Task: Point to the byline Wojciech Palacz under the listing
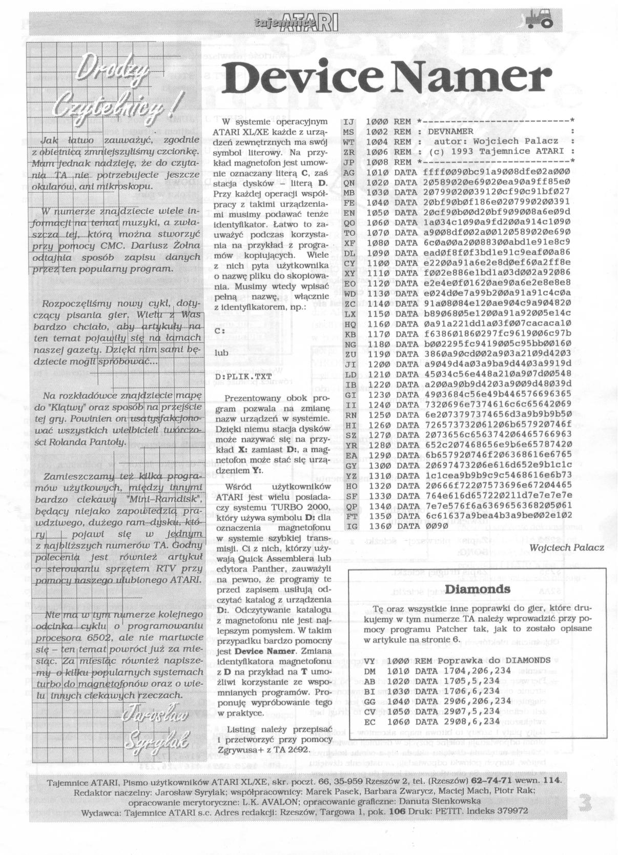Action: point(567,547)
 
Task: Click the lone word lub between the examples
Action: point(222,353)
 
